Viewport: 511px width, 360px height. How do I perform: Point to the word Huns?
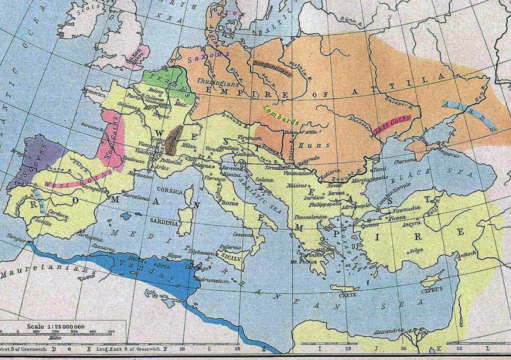tap(317, 145)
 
